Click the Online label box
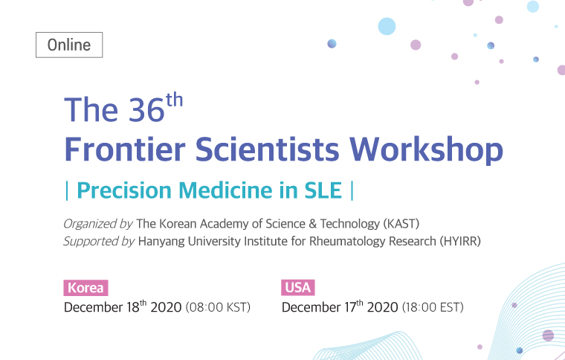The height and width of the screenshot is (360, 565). click(x=69, y=45)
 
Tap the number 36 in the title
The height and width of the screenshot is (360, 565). click(x=146, y=109)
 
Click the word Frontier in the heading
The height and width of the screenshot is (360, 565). click(x=125, y=149)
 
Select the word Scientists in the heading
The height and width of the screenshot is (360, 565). click(x=267, y=149)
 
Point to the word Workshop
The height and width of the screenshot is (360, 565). click(x=426, y=150)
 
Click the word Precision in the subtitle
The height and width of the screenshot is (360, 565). click(x=123, y=190)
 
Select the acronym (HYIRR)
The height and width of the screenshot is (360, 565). click(x=460, y=242)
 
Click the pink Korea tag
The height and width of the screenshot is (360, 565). click(x=85, y=288)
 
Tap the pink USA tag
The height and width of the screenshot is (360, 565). click(x=298, y=288)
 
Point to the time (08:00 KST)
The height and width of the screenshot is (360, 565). click(x=218, y=307)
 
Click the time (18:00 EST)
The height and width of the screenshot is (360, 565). click(x=433, y=307)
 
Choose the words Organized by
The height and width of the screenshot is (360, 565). click(x=98, y=225)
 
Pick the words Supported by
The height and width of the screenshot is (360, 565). click(x=99, y=242)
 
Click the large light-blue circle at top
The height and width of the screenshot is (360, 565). click(x=387, y=26)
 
